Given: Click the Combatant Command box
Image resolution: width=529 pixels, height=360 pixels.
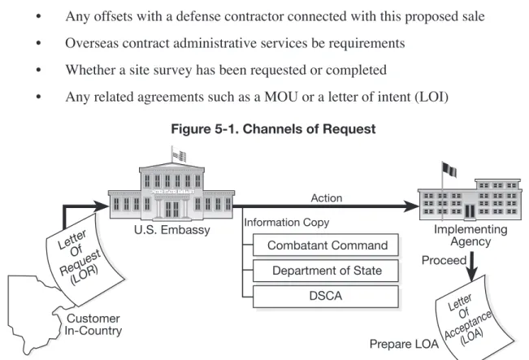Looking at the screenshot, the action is [x=326, y=245].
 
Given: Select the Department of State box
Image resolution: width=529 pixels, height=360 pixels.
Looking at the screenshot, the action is [x=326, y=271].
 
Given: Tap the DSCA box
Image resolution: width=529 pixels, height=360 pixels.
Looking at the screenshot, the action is [x=326, y=297].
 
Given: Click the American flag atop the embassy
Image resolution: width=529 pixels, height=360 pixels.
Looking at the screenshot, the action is [x=179, y=155].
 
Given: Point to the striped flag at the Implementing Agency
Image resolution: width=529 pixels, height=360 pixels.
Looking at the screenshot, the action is [x=449, y=169].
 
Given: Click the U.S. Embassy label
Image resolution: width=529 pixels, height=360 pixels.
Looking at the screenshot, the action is [x=172, y=230].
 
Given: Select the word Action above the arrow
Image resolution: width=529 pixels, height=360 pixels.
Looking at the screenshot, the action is [x=326, y=197].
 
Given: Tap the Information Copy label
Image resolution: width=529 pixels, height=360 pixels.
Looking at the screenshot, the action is [x=286, y=223].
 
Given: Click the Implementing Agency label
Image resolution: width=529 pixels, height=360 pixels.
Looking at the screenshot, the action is [x=470, y=236].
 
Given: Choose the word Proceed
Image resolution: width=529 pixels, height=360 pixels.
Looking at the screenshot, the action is [x=444, y=260].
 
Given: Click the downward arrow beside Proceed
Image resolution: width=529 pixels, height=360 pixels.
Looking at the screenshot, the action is [x=471, y=267].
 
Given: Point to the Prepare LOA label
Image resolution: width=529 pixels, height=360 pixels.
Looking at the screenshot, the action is [x=404, y=344].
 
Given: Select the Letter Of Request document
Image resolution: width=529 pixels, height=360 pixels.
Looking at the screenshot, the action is [x=83, y=258].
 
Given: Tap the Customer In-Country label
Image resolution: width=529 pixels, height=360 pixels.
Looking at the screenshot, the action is [x=93, y=324].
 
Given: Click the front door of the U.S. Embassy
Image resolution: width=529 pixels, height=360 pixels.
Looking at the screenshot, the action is [x=172, y=209].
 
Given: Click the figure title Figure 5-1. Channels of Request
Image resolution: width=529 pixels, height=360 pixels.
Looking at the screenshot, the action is [x=273, y=129].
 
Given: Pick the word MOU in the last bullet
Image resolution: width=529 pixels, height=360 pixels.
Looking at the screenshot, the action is [x=281, y=97].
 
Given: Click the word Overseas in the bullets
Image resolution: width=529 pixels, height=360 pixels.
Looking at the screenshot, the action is [x=92, y=43].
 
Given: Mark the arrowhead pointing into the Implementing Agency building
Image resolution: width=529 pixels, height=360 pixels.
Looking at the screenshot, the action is [x=412, y=206].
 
